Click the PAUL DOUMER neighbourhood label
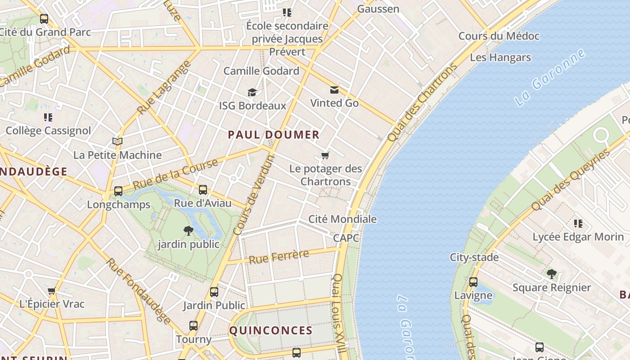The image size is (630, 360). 274,135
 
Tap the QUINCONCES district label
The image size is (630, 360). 271,330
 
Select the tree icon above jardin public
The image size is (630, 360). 189,231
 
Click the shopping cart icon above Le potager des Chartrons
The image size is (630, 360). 325,156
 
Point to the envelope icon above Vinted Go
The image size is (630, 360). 334,90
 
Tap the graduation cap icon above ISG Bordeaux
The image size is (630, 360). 252,92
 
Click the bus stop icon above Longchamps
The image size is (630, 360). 118,191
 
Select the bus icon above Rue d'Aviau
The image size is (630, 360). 203,189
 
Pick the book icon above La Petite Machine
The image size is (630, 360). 117,141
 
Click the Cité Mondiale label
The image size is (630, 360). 342,219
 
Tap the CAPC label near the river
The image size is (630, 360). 346,238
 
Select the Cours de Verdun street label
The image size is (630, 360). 254,195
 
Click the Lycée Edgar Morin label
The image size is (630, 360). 578,237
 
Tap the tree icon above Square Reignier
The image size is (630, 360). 551,274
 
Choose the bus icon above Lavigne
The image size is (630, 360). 473,282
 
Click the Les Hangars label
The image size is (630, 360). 500,58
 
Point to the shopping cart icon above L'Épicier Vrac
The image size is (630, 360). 52,291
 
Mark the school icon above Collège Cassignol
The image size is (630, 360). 48,117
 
